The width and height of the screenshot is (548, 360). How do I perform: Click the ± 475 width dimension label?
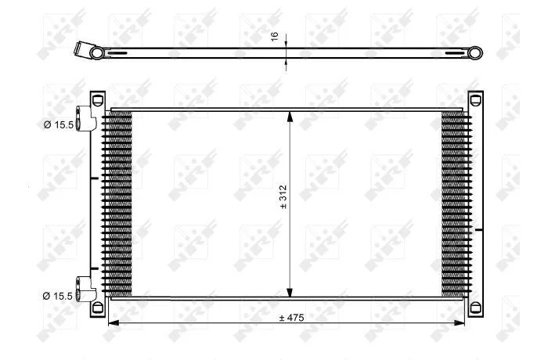click(291, 318)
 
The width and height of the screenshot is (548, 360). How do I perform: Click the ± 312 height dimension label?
click(283, 196)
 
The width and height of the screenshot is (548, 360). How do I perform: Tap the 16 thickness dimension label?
click(275, 36)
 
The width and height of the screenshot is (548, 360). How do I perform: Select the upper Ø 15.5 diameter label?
click(59, 124)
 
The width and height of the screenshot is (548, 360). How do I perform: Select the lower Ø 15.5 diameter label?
click(58, 296)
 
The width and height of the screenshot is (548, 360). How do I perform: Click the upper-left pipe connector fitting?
click(85, 118)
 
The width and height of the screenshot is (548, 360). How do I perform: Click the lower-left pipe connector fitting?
click(85, 289)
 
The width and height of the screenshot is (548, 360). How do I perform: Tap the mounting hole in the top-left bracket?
click(97, 99)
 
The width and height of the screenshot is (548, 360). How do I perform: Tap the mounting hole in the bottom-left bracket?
click(97, 308)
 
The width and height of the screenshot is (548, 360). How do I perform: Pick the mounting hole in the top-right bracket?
click(475, 99)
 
